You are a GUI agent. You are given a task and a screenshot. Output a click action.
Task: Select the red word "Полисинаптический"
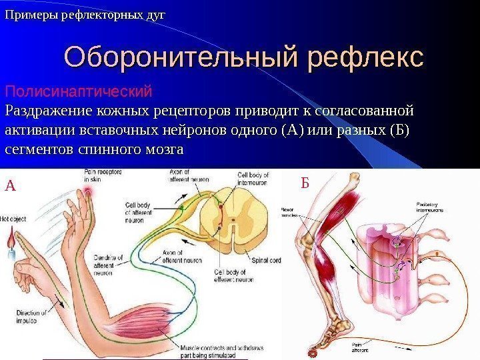[79, 90]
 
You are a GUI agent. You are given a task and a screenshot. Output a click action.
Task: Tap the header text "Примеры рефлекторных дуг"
[85, 13]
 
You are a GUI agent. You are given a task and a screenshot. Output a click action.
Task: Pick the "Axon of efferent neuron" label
[179, 256]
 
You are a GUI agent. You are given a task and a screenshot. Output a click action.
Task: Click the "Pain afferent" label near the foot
[359, 346]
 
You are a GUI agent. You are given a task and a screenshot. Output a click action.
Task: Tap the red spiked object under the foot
[311, 351]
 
